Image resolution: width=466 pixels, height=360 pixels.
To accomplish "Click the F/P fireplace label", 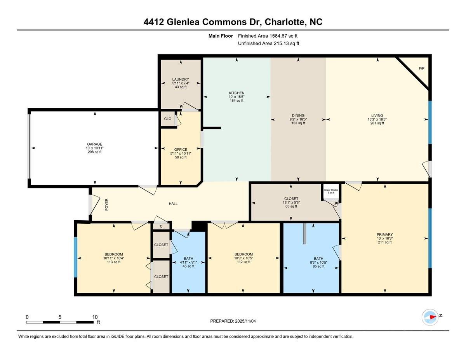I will coord(421,69).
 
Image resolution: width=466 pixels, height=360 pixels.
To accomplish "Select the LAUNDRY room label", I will coord(181,79).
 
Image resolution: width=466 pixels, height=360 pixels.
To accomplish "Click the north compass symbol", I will coord(430,317).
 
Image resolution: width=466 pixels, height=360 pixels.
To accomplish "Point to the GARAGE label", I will coord(95,144).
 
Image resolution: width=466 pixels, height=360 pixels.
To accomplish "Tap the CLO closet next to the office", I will coord(168,119).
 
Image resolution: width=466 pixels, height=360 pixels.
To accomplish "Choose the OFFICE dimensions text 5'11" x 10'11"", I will coord(181,153).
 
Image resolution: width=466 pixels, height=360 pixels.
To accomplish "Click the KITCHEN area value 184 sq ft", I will coord(236,101).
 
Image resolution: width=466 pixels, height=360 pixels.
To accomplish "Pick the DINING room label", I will coord(298,115).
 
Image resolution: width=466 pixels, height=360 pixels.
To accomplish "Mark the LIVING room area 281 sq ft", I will coord(377,123).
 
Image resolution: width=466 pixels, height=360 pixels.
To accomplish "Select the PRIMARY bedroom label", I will coord(384,235).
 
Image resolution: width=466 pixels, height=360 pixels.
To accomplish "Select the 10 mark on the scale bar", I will coord(95,317).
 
